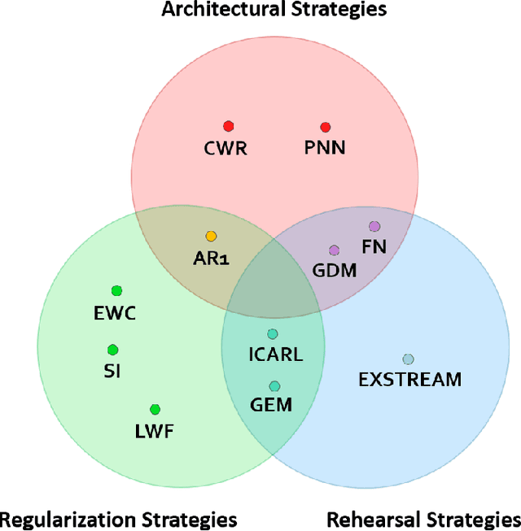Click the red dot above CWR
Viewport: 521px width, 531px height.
(x=229, y=126)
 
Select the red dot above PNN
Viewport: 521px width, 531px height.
(x=325, y=127)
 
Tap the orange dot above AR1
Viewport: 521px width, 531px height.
(x=211, y=237)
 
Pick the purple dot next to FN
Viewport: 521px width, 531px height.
(x=374, y=226)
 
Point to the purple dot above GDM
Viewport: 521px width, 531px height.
(x=334, y=250)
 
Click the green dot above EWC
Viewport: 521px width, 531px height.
(x=116, y=290)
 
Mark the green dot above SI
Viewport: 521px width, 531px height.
(x=112, y=350)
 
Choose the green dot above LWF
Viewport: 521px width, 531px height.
(x=155, y=409)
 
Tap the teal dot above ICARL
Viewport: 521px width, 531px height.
(x=273, y=333)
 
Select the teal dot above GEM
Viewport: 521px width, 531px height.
(x=274, y=386)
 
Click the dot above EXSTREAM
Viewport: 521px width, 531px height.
(x=408, y=359)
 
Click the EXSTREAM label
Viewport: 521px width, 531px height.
(x=409, y=379)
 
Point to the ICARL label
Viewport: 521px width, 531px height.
(x=275, y=355)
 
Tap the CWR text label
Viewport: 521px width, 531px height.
(x=225, y=148)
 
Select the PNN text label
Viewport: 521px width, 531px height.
(x=325, y=148)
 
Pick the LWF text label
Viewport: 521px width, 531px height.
(x=155, y=431)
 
